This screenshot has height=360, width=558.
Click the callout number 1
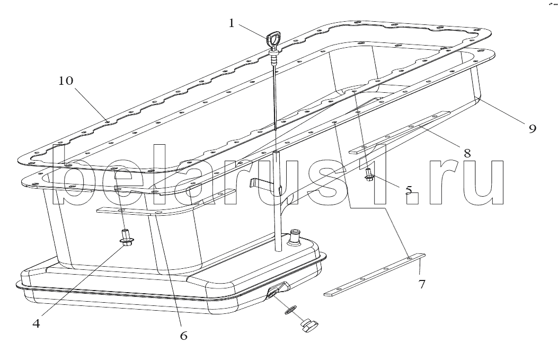click(232, 23)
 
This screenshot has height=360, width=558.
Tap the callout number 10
click(66, 81)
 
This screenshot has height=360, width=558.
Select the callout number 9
click(532, 128)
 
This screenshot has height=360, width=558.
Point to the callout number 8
click(467, 153)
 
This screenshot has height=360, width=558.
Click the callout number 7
click(422, 285)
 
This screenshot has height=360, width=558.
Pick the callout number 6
click(183, 336)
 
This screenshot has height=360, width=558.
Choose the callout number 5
click(409, 190)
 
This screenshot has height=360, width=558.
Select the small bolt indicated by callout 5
click(368, 174)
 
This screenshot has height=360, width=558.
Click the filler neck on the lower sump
click(295, 237)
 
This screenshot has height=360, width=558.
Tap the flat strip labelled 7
click(375, 275)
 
